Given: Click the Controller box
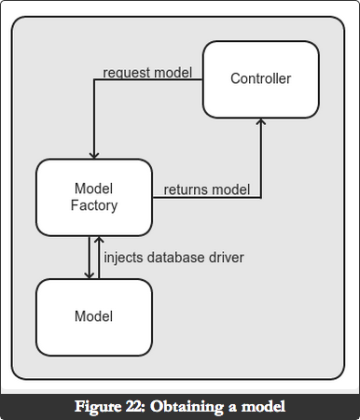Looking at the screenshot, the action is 261,79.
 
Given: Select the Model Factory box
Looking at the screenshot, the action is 94,198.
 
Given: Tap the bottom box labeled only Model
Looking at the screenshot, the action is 94,317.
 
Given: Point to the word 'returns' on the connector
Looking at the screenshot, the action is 181,189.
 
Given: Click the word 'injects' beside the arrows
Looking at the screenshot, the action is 123,258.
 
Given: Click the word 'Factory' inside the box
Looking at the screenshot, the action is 94,206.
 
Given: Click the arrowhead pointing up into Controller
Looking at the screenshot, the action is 261,121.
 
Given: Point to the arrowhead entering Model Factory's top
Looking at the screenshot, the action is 94,156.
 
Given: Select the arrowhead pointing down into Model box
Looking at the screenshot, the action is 90,275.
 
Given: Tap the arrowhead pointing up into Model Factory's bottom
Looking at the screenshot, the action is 99,240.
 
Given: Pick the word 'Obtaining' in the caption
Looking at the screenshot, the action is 187,407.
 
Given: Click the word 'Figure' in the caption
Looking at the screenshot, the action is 98,407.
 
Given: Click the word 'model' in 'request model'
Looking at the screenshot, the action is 173,73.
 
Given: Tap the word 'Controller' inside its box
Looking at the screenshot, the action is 261,78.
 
